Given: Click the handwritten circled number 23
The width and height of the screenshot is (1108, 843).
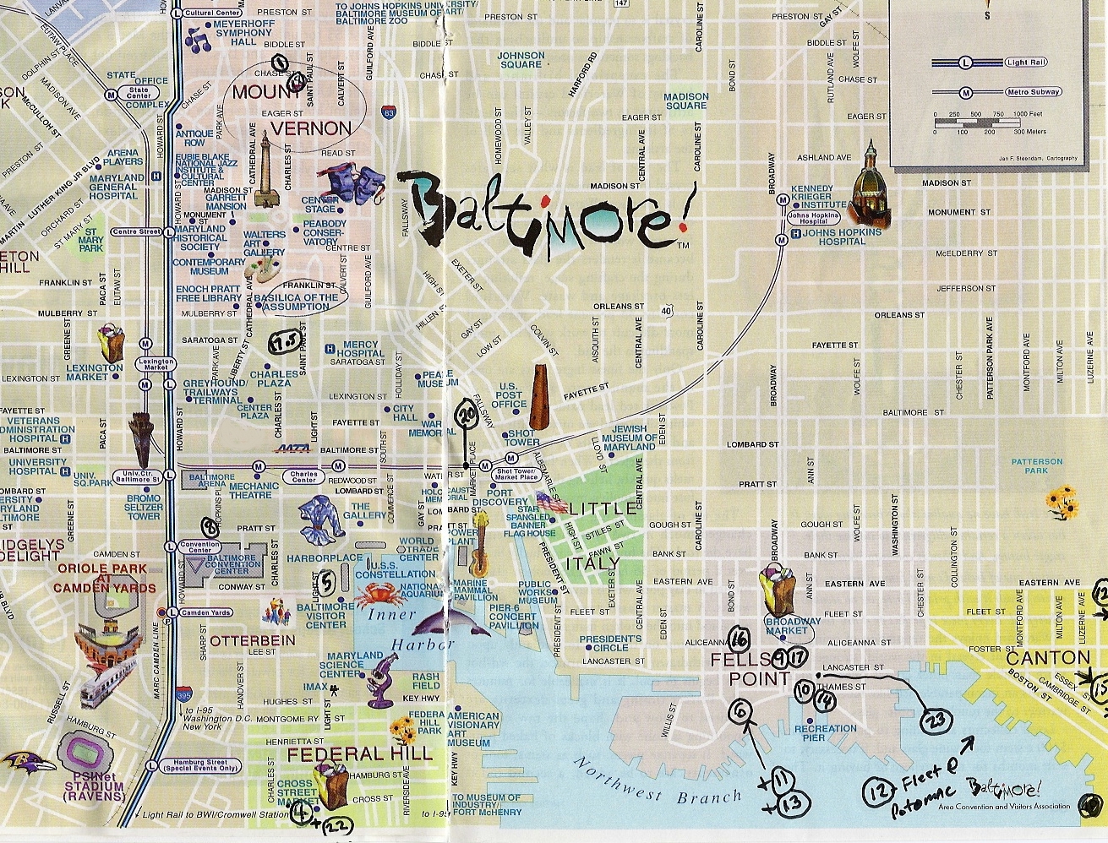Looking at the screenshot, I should [935, 720].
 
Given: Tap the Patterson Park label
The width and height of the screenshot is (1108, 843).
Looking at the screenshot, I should [1037, 466].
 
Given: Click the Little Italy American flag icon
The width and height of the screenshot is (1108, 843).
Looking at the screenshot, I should [549, 502].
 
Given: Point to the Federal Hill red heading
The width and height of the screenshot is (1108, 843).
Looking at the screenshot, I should [360, 753].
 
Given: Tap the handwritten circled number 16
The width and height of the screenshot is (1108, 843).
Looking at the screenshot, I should [740, 638].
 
